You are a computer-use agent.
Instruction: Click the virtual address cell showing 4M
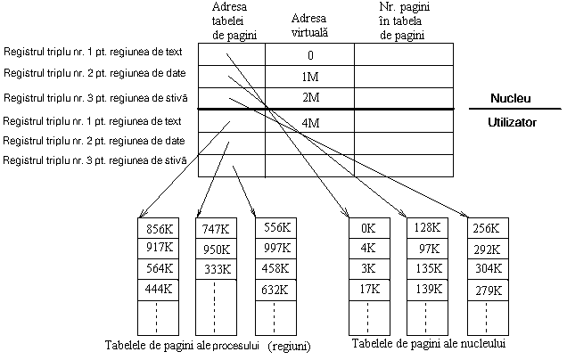click(x=310, y=122)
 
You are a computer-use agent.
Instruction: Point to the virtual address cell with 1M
click(x=310, y=77)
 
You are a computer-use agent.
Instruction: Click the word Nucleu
click(x=512, y=97)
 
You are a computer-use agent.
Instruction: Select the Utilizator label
click(x=512, y=122)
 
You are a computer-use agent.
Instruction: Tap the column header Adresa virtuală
click(x=310, y=24)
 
